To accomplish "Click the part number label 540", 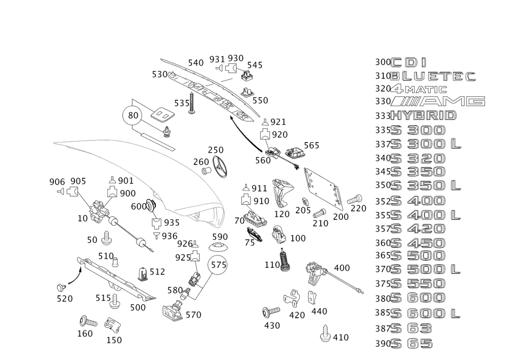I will click(196, 63).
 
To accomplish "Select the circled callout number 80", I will click(133, 116).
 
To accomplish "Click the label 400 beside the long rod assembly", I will click(341, 267).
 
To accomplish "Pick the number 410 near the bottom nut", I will click(340, 337).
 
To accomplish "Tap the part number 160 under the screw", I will click(84, 334).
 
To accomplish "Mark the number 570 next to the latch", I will click(193, 316).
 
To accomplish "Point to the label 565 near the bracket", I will click(312, 146).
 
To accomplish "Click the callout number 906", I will click(56, 181).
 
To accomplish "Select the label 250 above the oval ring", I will click(216, 150).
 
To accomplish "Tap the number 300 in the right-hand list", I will click(382, 62).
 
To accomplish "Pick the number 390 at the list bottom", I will click(382, 344).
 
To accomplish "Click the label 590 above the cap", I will click(220, 237).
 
